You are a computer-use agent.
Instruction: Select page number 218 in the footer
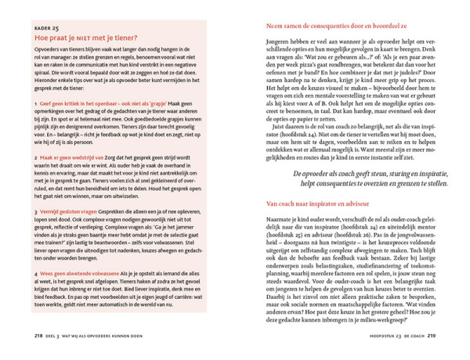click(38, 336)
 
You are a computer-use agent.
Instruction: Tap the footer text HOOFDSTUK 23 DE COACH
click(402, 336)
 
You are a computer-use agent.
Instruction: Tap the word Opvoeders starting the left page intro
click(49, 50)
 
